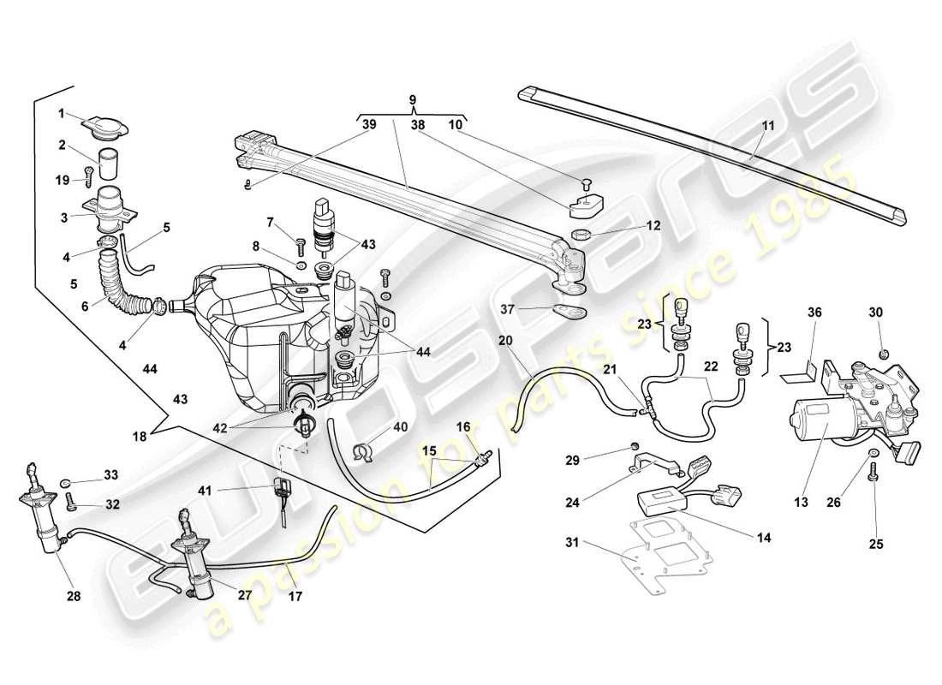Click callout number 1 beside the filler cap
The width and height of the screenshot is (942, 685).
[x=62, y=113]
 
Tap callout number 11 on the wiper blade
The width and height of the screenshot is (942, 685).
[x=767, y=125]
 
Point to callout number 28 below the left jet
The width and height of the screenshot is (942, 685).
[x=74, y=596]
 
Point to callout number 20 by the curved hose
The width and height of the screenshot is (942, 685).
[x=505, y=340]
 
